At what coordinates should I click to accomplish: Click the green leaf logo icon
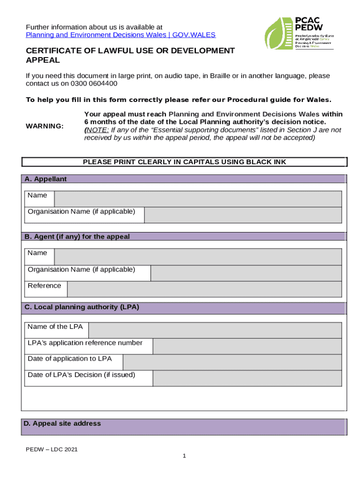tap(278, 34)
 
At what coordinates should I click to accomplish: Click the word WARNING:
tap(45, 126)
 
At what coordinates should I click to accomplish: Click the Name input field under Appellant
tap(198, 199)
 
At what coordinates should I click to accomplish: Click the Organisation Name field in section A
tap(243, 215)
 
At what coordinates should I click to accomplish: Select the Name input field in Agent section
tap(198, 257)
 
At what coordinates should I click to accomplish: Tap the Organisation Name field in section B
tap(246, 273)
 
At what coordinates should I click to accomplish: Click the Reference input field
tap(204, 290)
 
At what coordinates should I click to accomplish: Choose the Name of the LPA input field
tap(215, 330)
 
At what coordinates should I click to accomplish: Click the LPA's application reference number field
tap(247, 347)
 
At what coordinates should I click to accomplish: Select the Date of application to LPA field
tap(232, 363)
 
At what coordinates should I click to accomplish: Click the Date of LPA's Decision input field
tap(247, 378)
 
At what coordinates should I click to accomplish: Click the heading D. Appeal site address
tap(62, 424)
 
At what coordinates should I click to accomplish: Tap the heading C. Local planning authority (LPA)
tap(82, 307)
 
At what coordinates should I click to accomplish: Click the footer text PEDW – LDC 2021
tap(51, 450)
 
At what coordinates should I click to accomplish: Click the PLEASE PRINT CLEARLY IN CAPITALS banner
tap(184, 162)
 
